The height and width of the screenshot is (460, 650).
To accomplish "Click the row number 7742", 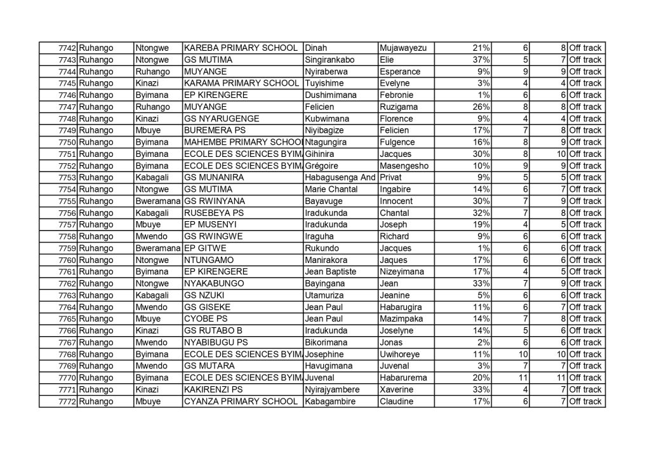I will coord(67,48).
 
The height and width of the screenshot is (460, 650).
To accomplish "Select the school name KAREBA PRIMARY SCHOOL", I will coord(240,48).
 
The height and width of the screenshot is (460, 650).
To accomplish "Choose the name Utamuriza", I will coord(326,295).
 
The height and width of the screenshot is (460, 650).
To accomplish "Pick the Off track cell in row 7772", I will coord(585,402).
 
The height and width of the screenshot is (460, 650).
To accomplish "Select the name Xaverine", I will coord(397,389).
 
